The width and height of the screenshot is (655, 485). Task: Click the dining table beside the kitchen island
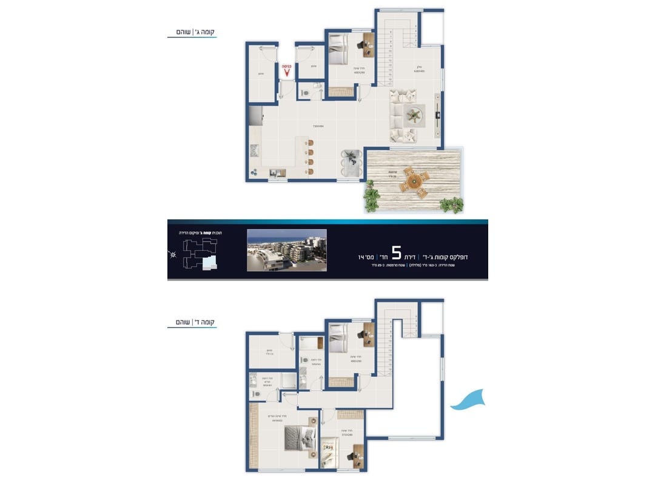click(x=351, y=162)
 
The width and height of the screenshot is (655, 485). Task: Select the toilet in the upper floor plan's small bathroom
click(x=306, y=92)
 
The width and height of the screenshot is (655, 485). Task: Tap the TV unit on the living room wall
click(x=438, y=114)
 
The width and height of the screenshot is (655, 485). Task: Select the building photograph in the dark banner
click(x=287, y=249)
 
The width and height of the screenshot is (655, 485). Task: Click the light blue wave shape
click(x=468, y=400)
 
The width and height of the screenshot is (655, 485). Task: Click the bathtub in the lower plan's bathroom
click(x=312, y=343)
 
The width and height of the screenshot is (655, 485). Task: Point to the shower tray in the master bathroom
click(x=288, y=381)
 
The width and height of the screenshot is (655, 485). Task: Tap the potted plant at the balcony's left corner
click(x=371, y=197)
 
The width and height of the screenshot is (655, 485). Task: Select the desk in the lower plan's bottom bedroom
click(x=357, y=453)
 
